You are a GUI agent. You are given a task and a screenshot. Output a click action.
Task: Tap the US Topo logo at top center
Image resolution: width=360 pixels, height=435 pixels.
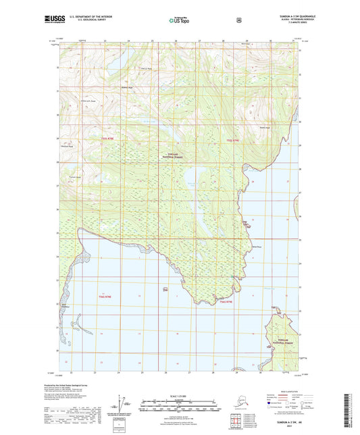coord(180,21)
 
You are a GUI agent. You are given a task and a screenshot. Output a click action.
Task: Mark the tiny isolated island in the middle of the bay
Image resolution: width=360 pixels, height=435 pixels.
coord(165,290)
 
